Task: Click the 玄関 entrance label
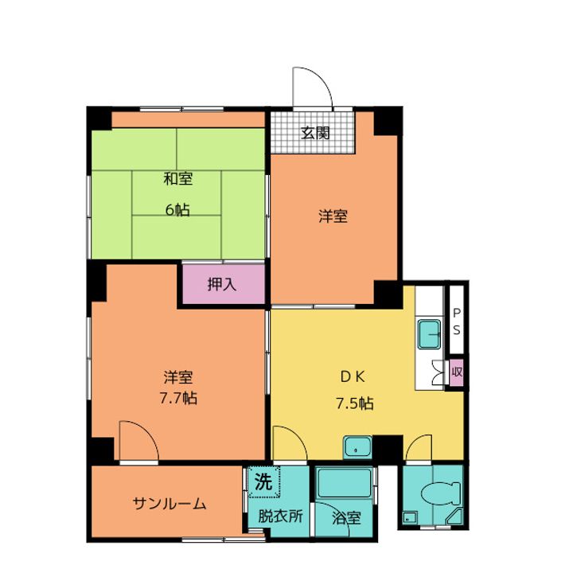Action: (x=315, y=133)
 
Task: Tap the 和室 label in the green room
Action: (x=178, y=179)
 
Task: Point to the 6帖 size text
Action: (x=177, y=210)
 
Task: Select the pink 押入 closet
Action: (x=224, y=283)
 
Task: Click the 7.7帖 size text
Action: (x=178, y=398)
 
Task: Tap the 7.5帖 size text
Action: (x=355, y=403)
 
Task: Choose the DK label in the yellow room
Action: (x=353, y=376)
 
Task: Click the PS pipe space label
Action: (x=457, y=322)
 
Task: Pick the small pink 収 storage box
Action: (x=457, y=372)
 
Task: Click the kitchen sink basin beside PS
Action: (x=430, y=334)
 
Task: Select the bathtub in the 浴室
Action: (x=345, y=483)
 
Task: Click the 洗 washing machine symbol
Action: (x=264, y=481)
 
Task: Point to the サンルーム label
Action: (x=170, y=504)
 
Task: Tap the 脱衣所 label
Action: (x=281, y=516)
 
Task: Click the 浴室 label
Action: (x=346, y=518)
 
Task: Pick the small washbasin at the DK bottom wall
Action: (x=357, y=447)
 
